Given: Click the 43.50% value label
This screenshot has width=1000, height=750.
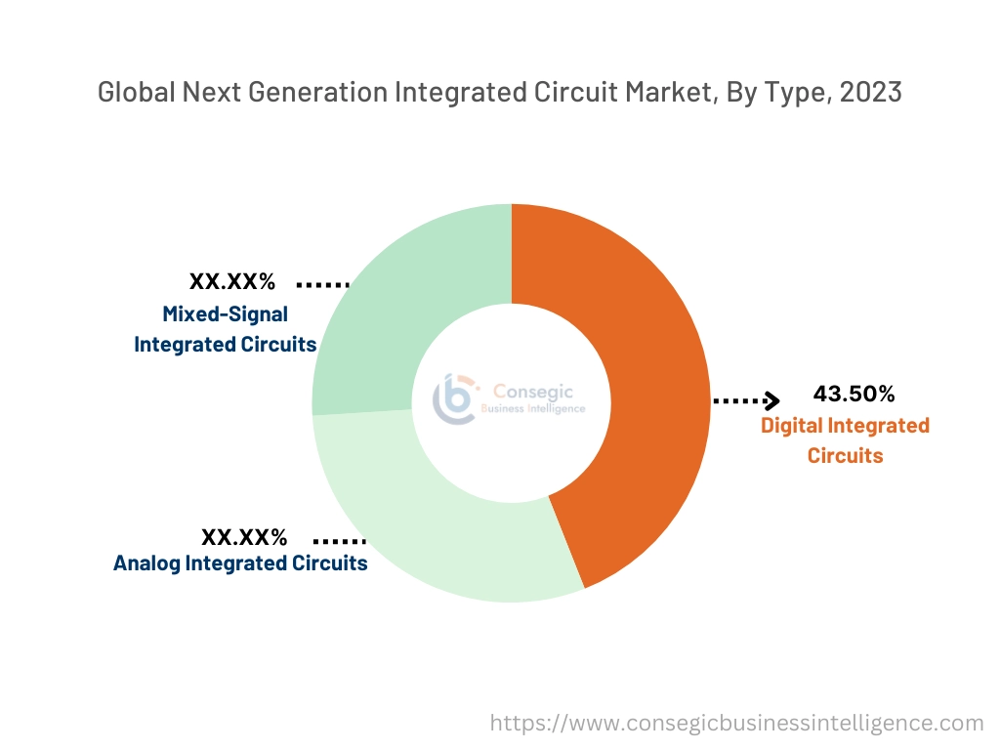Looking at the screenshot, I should tap(854, 394).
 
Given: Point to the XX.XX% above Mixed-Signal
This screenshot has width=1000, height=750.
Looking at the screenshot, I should tap(232, 282).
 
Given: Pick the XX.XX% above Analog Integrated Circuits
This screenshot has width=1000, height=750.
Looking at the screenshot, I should tap(244, 537).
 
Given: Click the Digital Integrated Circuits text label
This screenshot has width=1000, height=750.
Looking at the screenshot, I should tap(845, 440).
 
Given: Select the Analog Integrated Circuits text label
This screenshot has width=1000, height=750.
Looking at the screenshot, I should tap(240, 563).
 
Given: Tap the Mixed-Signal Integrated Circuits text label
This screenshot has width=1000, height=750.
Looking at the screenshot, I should tap(225, 329).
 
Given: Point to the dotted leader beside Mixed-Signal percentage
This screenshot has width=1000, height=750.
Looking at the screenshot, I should tap(322, 284).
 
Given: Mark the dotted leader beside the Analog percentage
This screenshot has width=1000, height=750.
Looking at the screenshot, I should tap(339, 540).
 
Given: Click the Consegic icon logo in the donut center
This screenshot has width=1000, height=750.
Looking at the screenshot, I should tap(455, 398).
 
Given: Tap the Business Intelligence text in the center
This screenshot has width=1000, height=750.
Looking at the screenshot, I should tap(533, 409).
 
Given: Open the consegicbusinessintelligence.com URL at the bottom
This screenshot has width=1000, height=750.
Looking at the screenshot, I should tap(736, 723).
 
